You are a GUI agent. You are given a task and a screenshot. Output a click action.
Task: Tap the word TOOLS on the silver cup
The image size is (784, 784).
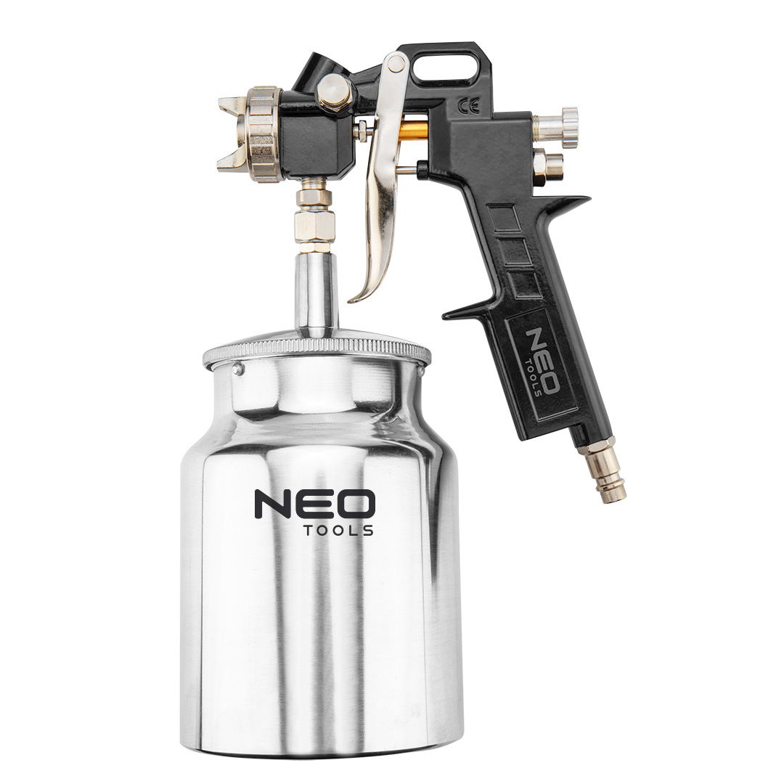tap(338, 531)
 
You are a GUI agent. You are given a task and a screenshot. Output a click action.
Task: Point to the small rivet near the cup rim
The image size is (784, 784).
tap(237, 369)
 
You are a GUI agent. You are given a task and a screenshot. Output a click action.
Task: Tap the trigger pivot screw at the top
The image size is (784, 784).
tap(396, 63)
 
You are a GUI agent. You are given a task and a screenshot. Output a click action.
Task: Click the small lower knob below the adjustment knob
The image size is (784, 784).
tap(550, 166)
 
